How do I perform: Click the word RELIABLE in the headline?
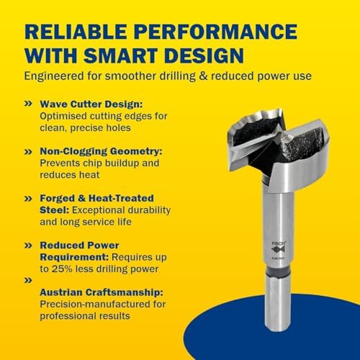pyautogui.click(x=76, y=31)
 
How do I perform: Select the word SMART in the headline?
pyautogui.click(x=120, y=55)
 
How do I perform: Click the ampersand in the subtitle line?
pyautogui.click(x=203, y=76)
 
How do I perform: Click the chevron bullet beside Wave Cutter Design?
pyautogui.click(x=28, y=104)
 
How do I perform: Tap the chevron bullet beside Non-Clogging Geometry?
pyautogui.click(x=28, y=152)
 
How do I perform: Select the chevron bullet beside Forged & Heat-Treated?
pyautogui.click(x=28, y=199)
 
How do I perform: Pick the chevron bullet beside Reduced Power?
pyautogui.click(x=28, y=246)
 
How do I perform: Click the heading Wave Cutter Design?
pyautogui.click(x=91, y=104)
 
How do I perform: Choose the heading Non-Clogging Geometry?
pyautogui.click(x=101, y=151)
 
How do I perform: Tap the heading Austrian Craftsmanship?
pyautogui.click(x=102, y=292)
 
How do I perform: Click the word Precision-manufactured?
pyautogui.click(x=90, y=304)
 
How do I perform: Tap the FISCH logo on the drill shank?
pyautogui.click(x=279, y=248)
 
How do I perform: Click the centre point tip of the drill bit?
pyautogui.click(x=287, y=138)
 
